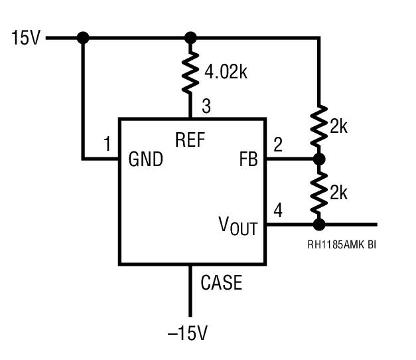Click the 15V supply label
(x=26, y=38)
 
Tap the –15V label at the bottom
(x=188, y=333)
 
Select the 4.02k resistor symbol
(x=190, y=72)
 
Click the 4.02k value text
(x=226, y=72)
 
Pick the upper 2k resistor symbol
(x=319, y=126)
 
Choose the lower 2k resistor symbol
(x=319, y=193)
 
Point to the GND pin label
(x=146, y=159)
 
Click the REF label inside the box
(x=190, y=139)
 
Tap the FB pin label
(x=248, y=159)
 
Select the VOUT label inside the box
(x=238, y=226)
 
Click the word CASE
(x=221, y=282)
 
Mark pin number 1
(x=107, y=143)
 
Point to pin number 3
(x=206, y=106)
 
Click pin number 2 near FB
(x=278, y=144)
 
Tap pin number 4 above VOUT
(x=278, y=210)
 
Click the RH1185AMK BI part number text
(x=342, y=244)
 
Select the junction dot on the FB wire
(x=319, y=159)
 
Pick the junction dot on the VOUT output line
(x=319, y=225)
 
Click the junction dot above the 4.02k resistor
(x=190, y=38)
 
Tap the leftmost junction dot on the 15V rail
(x=83, y=38)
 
